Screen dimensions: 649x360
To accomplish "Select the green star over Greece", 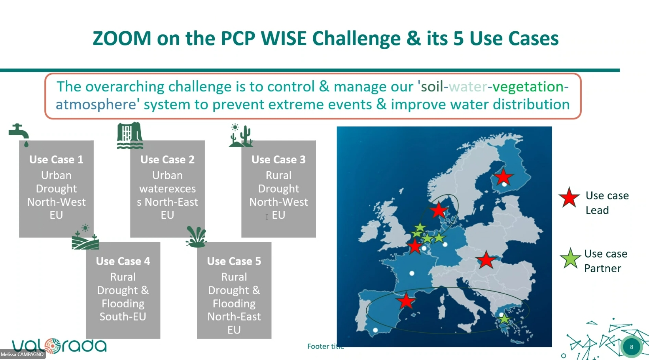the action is pos(504,319).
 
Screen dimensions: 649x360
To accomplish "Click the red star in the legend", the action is pos(569,197).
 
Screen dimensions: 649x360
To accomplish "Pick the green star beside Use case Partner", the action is pos(570,258).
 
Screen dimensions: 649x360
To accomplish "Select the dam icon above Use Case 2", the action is pos(130,135).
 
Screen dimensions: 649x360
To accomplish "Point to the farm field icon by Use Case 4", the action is pos(85,237).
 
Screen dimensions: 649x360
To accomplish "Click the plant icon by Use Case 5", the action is pos(197,237).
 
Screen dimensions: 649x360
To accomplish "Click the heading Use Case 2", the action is pos(167,160).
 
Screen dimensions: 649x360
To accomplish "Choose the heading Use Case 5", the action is pos(234,261).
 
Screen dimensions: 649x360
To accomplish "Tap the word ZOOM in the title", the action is pos(122,38).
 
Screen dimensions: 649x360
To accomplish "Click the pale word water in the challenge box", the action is pos(468,87).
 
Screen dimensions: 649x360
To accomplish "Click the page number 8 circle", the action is pos(632,347).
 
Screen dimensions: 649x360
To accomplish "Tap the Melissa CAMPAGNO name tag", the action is pos(22,354).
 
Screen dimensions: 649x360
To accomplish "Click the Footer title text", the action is pos(325,347).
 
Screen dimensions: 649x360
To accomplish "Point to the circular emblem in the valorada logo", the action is pos(52,346).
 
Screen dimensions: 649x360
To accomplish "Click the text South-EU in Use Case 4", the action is pos(123,316).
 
